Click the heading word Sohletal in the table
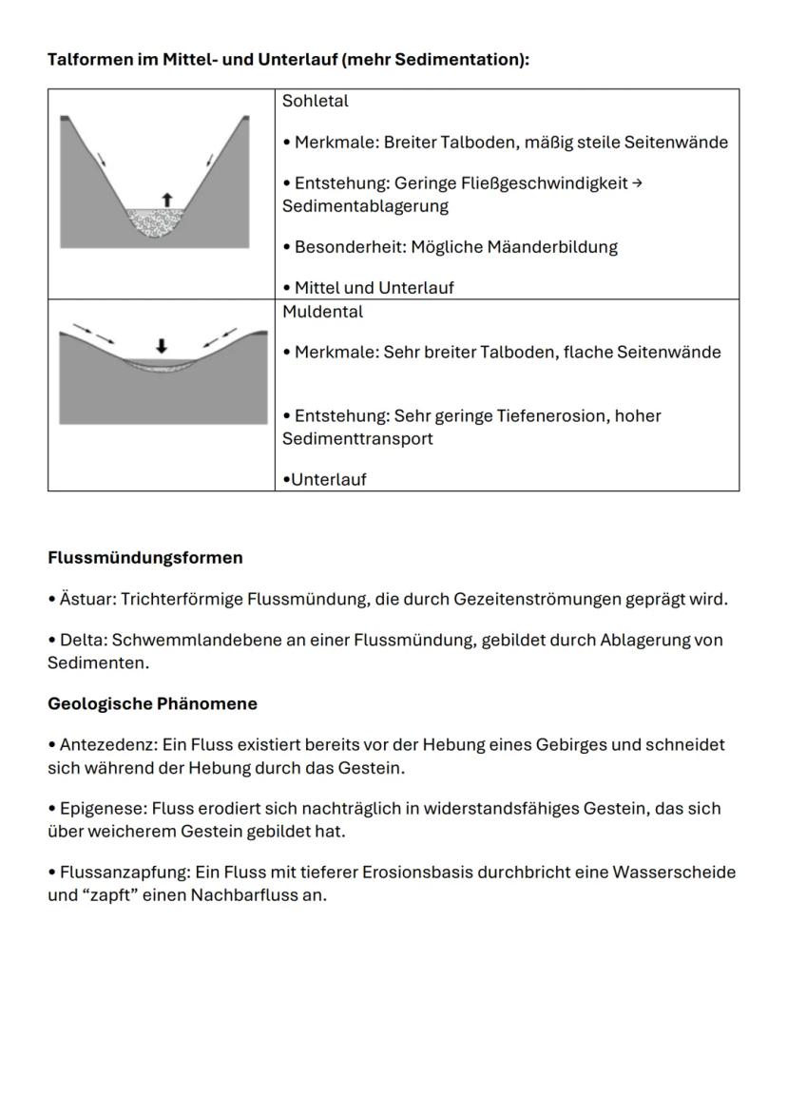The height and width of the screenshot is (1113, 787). pos(315,101)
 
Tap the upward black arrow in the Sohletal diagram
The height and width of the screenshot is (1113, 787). pos(167,199)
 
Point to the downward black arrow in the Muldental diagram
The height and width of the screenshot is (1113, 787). pos(162,347)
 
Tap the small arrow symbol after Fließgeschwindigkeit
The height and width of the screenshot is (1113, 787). pos(637,183)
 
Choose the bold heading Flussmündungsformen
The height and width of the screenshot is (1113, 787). pos(144,558)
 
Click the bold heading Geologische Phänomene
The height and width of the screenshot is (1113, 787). pos(152,704)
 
